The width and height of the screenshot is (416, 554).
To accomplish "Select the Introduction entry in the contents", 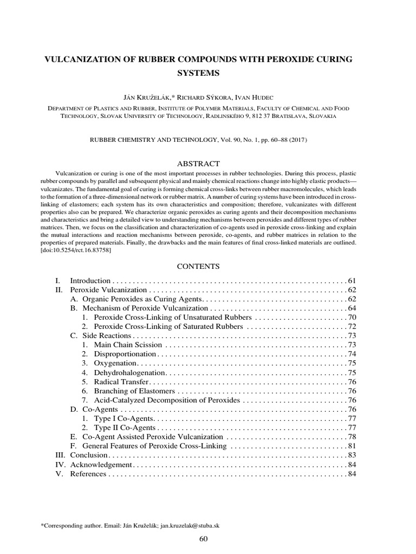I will tap(90, 281).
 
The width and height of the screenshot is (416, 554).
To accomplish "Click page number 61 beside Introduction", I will tap(352, 281).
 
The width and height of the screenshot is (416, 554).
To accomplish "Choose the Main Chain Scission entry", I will tap(128, 345).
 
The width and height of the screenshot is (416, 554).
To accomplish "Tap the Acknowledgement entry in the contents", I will tap(101, 465).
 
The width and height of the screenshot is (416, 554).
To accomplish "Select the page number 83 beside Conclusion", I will tap(352, 456).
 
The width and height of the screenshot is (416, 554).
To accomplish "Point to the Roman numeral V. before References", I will tap(60, 474).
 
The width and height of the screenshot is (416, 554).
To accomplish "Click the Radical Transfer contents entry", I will tap(121, 381).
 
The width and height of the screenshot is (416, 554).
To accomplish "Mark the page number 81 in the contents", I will tap(352, 446).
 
